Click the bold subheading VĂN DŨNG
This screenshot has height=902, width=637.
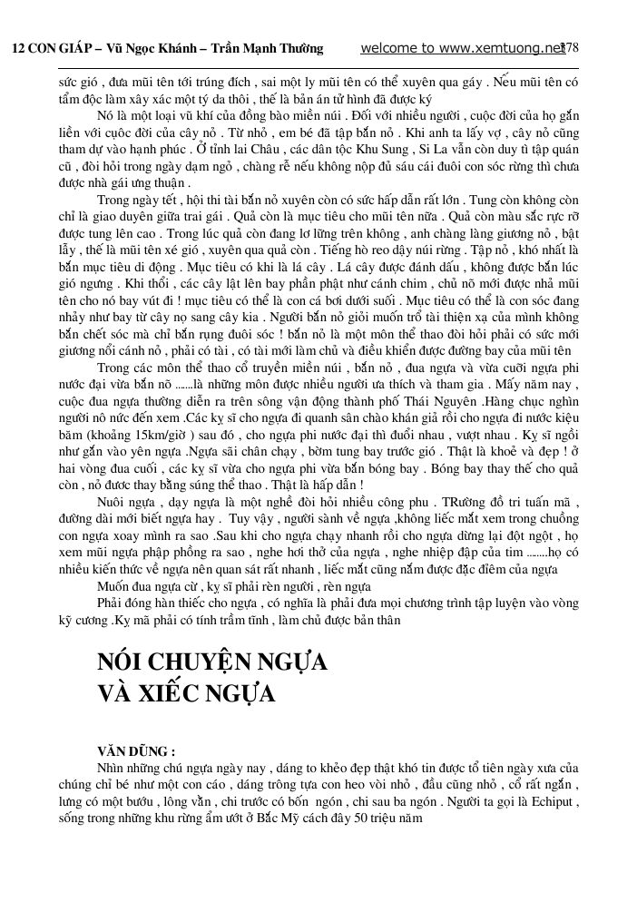(x=136, y=751)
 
